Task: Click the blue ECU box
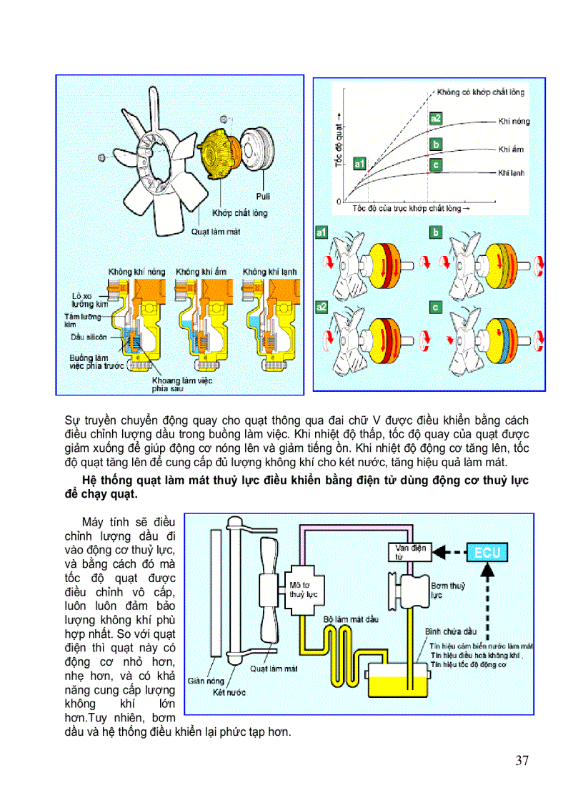coord(489,551)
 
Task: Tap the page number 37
coord(522,760)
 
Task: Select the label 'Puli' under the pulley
coord(262,196)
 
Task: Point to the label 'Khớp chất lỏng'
coord(239,213)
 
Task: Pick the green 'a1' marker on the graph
coord(359,164)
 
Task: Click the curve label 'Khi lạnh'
coord(512,173)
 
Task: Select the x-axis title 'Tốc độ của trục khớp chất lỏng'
coord(412,209)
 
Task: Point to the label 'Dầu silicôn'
coord(87,336)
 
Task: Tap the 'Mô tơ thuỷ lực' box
coord(303,590)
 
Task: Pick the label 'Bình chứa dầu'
coord(450,632)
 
